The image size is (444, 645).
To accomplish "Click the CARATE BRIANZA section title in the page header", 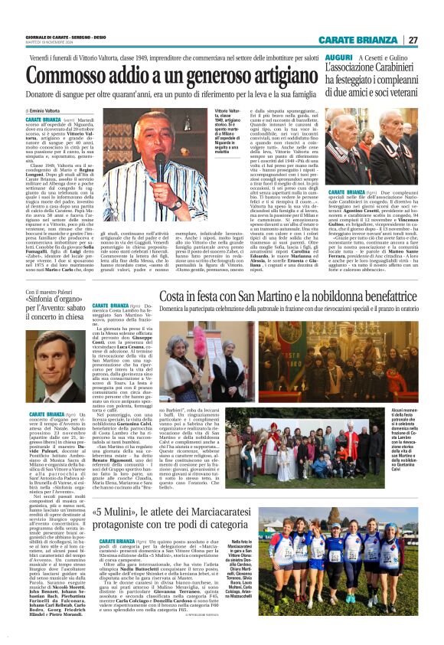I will [x=368, y=40].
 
